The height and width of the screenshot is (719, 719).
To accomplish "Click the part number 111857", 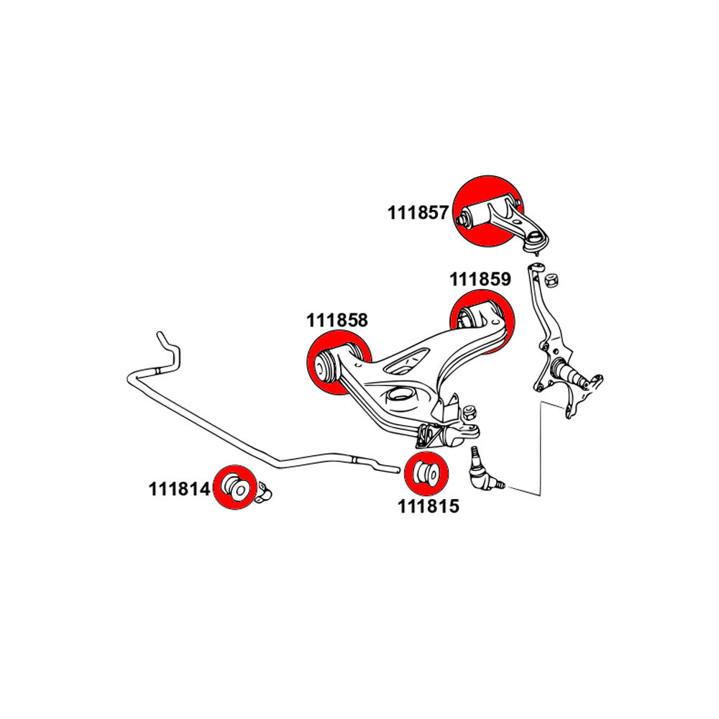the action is [418, 213].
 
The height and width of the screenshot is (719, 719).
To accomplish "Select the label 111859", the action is [480, 279].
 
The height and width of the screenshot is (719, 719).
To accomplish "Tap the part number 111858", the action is [337, 320].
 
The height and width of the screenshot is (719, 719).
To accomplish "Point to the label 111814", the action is [179, 489].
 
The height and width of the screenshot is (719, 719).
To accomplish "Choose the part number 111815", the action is [428, 506].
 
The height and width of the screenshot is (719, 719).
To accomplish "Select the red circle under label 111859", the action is [482, 321].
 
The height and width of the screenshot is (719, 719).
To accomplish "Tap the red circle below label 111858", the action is [339, 362].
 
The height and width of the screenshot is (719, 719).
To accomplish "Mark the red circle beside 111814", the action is [236, 487].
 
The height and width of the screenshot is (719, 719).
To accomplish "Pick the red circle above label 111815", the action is [426, 474].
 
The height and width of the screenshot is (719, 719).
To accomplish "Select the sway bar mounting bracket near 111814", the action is [263, 491].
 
